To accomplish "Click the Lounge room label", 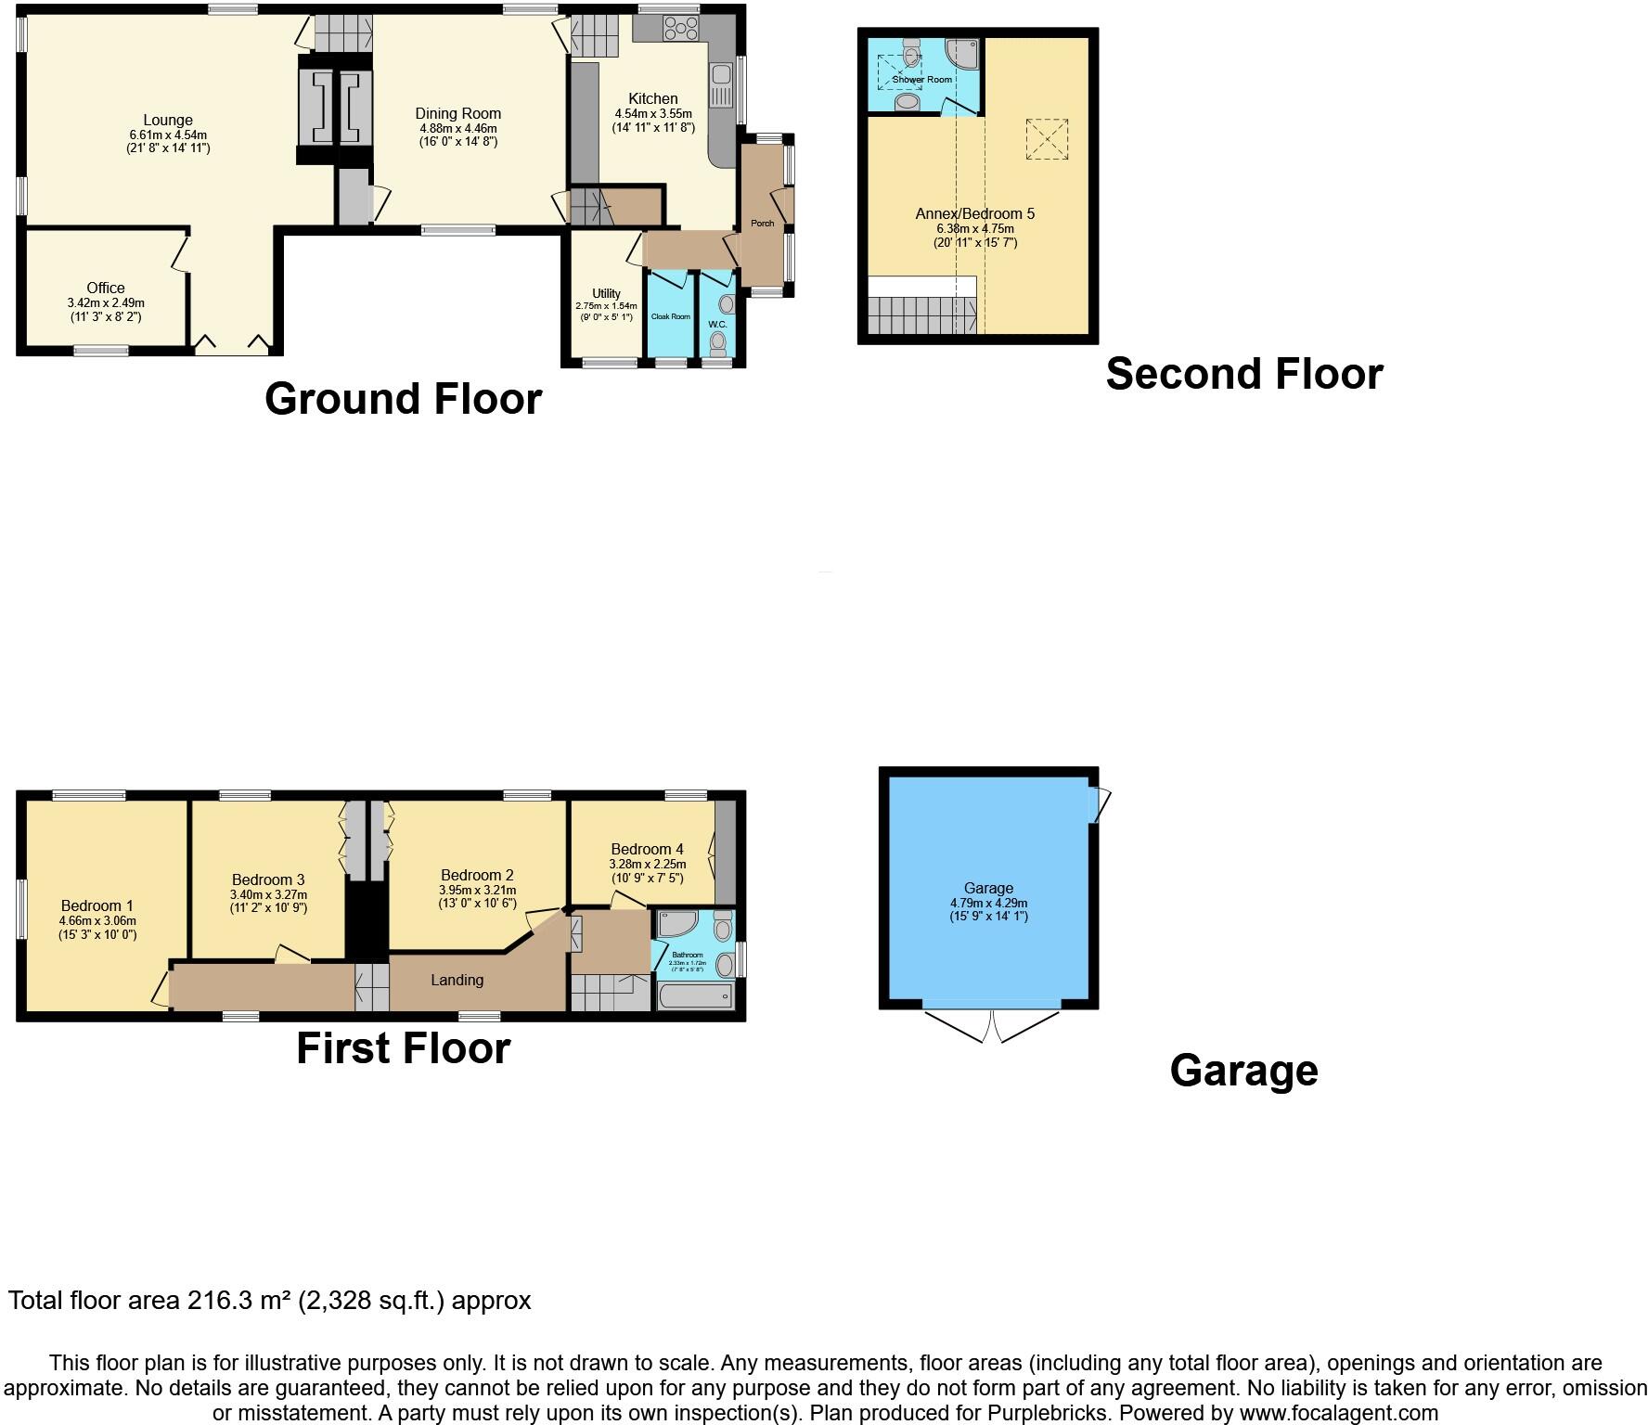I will pos(168,120).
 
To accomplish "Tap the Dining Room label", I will pos(457,114).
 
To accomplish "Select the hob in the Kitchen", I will pos(681,28).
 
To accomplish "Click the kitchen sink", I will pos(721,84).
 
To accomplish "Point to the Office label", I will pos(106,288).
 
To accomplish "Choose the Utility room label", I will pos(606,293).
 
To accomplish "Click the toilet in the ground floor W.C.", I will pos(717,343).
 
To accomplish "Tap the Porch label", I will pos(762,224).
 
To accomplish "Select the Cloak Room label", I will pos(670,316).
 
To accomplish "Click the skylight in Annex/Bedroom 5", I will pos(1047,140).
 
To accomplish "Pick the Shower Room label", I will pos(922,80).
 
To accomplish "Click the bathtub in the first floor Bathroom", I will pos(694,996).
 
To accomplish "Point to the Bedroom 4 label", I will pos(647,849).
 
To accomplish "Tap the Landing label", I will pos(457,980).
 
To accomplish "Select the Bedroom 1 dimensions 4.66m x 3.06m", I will pos(97,920).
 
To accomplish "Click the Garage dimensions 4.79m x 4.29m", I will pos(988,903).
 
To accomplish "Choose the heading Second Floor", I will pos(1243,374).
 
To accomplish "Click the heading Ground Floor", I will pos(403,399).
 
